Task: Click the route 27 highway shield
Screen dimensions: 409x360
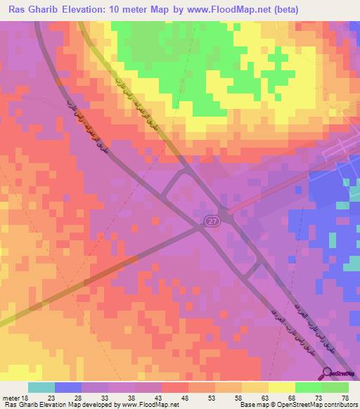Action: coord(212,221)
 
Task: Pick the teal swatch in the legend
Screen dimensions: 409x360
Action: coord(41,387)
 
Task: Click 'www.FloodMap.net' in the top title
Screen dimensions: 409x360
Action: coord(228,10)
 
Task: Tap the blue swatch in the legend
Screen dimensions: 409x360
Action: coord(68,387)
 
